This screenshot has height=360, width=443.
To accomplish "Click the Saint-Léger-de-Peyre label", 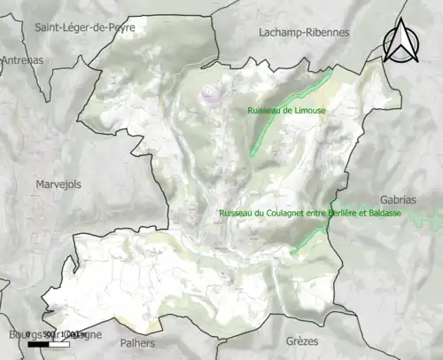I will [84, 27].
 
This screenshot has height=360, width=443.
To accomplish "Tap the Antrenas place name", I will [22, 59].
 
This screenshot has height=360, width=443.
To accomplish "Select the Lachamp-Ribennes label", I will [304, 32].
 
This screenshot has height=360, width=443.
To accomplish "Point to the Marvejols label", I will [58, 184].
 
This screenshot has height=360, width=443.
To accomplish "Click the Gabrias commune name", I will [397, 200].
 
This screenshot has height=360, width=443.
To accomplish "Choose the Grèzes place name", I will [302, 340].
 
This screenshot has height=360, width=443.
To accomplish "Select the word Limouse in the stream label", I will [307, 110].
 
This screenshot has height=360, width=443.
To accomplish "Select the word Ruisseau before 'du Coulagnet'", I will [237, 214].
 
